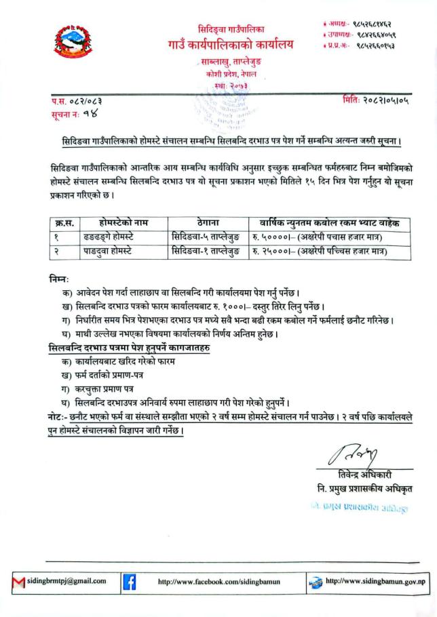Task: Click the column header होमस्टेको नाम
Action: click(123, 222)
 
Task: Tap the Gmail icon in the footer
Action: click(18, 581)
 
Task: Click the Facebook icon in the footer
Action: click(129, 581)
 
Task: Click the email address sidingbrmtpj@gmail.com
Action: click(67, 581)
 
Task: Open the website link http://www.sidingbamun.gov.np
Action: click(375, 581)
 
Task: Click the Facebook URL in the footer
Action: click(218, 582)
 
